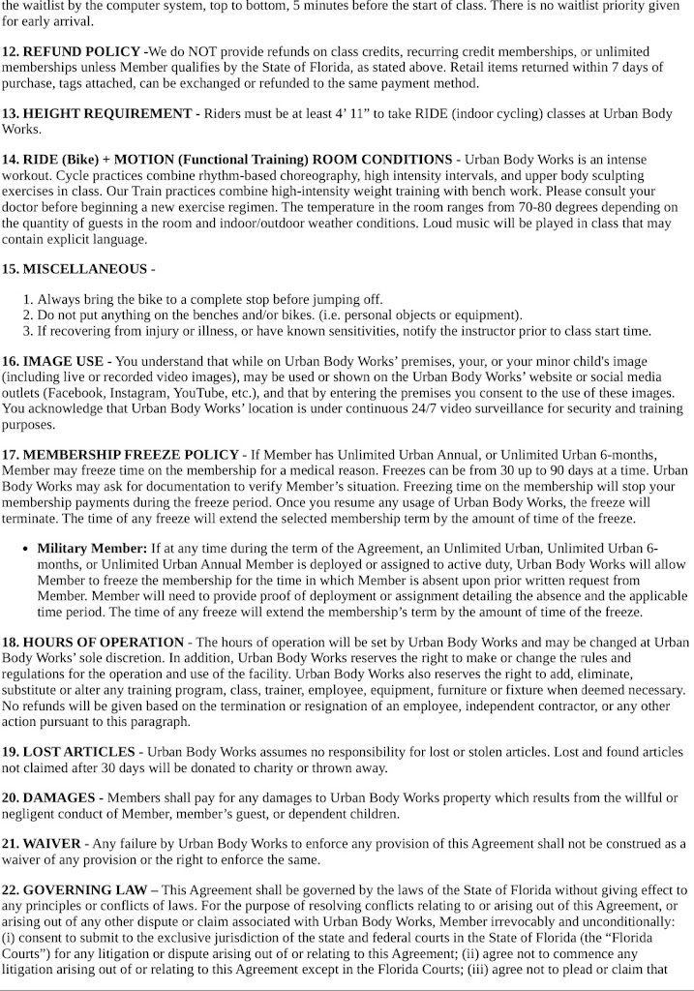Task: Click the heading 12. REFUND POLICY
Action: click(72, 50)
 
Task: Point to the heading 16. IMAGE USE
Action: click(56, 361)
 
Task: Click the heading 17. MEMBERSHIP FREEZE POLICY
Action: click(120, 454)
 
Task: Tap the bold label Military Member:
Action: click(92, 548)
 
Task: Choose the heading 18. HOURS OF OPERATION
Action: click(93, 642)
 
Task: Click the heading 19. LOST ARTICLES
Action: click(69, 751)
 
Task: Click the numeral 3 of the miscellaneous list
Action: click(27, 330)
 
